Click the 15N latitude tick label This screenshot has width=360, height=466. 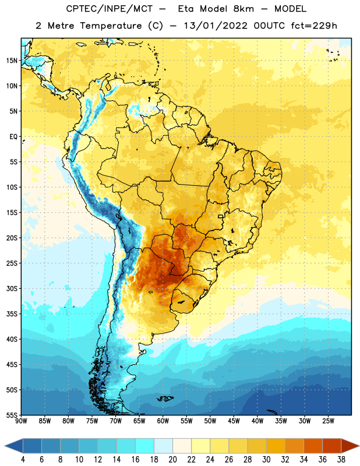tap(12, 61)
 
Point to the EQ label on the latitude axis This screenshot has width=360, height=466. tap(13, 137)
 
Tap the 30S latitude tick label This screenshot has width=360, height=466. tap(12, 288)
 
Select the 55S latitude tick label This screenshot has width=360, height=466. tap(12, 415)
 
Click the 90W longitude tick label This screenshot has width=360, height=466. tap(21, 421)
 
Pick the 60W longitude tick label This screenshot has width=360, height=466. tap(163, 421)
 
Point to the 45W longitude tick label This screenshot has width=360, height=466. tap(234, 421)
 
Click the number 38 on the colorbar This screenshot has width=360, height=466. tap(341, 460)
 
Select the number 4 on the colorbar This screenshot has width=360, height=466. tap(23, 460)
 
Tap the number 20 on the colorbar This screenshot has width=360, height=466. tap(172, 460)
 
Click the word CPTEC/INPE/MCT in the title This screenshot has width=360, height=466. tap(109, 9)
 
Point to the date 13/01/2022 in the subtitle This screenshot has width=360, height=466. tap(216, 26)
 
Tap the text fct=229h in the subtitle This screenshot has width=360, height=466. tap(314, 26)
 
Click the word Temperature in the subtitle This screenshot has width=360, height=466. tap(111, 26)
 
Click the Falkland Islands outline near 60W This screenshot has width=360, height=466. tap(165, 398)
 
